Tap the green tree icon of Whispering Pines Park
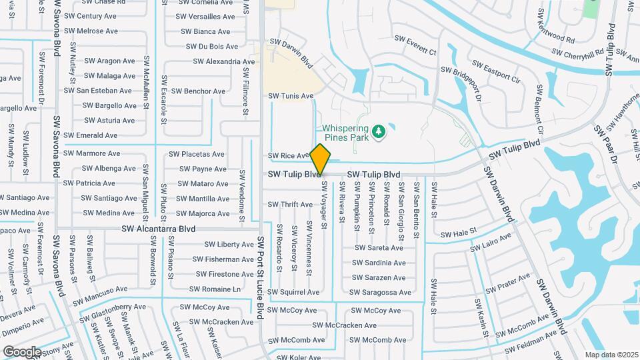[379, 131]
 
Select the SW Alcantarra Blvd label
[159, 228]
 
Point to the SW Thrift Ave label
[290, 205]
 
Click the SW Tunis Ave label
[291, 96]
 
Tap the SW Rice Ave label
[289, 156]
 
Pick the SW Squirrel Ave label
[293, 292]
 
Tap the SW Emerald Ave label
[92, 135]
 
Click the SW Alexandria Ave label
[224, 61]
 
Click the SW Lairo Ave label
[490, 243]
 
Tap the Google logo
[22, 351]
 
